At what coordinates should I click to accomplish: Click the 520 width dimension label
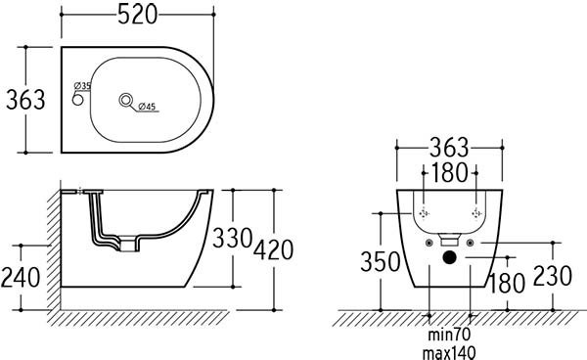coord(137,16)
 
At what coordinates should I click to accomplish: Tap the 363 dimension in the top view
coord(25,100)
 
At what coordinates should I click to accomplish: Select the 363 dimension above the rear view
coord(449,148)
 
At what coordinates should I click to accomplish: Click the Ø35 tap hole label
coord(83,86)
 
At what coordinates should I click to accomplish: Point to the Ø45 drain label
coord(147,107)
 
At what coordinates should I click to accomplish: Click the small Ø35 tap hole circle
coord(77,100)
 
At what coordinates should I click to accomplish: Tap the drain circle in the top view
coord(126,100)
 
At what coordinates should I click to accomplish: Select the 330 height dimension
coord(232,238)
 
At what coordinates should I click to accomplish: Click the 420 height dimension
coord(273,250)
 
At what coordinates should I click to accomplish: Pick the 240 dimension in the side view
coord(21,278)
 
